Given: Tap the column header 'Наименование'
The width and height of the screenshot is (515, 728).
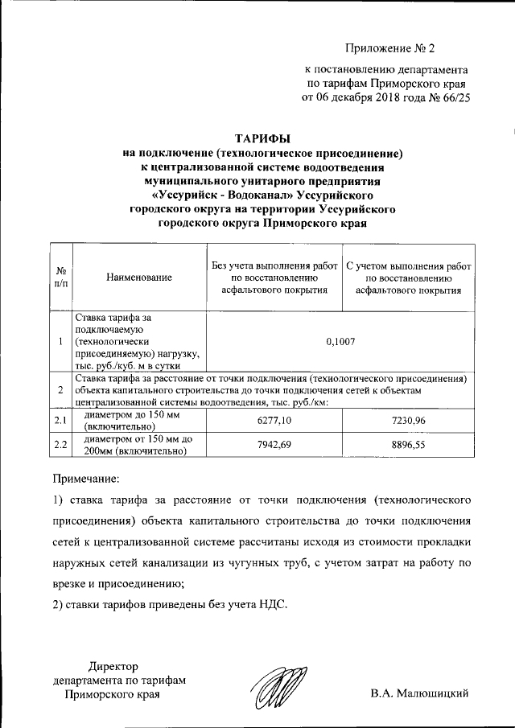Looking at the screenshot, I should point(139,278).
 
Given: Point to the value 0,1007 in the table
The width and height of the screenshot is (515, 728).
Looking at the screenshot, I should point(341,341).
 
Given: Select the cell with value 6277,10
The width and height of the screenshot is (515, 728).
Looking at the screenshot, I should point(274,420).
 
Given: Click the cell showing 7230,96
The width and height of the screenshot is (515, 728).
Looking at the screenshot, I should point(409,420).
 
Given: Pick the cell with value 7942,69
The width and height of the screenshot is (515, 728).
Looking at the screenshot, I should point(274,444).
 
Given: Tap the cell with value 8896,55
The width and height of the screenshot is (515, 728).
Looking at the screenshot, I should point(409,444).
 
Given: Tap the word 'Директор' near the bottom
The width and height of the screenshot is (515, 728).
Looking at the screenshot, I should point(113,666).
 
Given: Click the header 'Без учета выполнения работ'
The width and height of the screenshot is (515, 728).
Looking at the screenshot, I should point(274,264).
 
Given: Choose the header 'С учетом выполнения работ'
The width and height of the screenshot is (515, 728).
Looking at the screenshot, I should point(409,264).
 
